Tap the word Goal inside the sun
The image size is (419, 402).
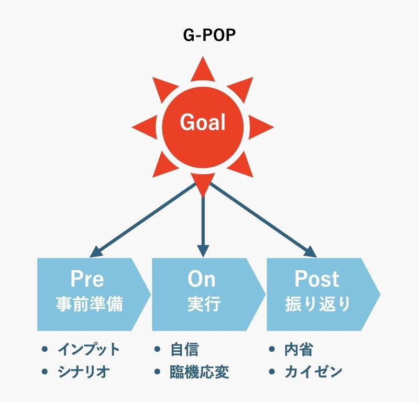coord(203,122)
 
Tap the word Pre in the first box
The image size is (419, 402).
coord(87,279)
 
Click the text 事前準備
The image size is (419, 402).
coord(89,305)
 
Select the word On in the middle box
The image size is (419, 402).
coord(202,279)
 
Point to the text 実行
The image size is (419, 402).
coord(202,305)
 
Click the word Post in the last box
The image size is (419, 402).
coord(316,279)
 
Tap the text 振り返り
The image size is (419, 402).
coord(316,305)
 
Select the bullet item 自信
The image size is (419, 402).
coord(184,349)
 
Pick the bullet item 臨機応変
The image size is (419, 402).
coord(200,372)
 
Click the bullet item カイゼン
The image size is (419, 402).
coord(313,372)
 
